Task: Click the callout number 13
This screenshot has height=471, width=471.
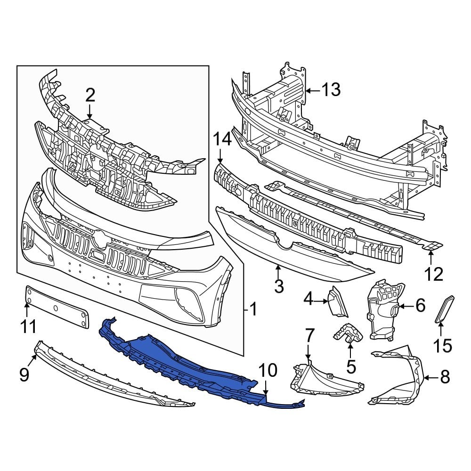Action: (x=331, y=89)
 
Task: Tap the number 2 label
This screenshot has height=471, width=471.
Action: (x=90, y=96)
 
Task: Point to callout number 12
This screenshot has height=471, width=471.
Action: (x=432, y=274)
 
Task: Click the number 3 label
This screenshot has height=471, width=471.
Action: (x=278, y=285)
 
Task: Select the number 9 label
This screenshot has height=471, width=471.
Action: (x=24, y=374)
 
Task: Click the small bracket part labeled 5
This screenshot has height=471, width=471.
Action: (x=349, y=333)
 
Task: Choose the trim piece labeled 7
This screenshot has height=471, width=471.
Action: (x=325, y=379)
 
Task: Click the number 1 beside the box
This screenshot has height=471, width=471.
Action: (x=253, y=309)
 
